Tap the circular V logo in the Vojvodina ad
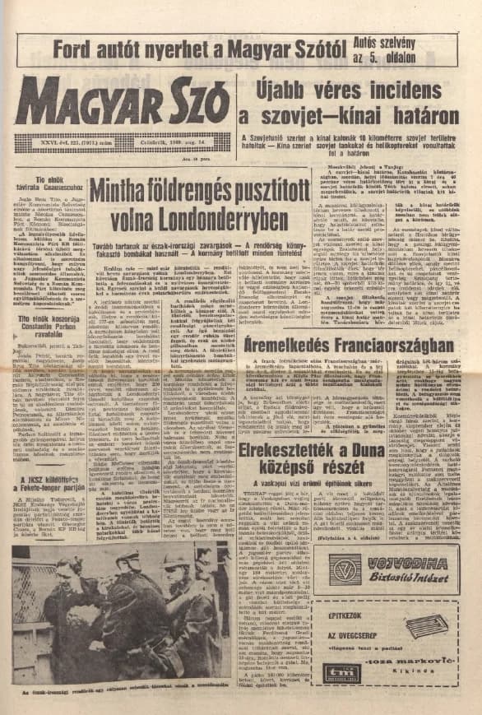[x=349, y=569]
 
